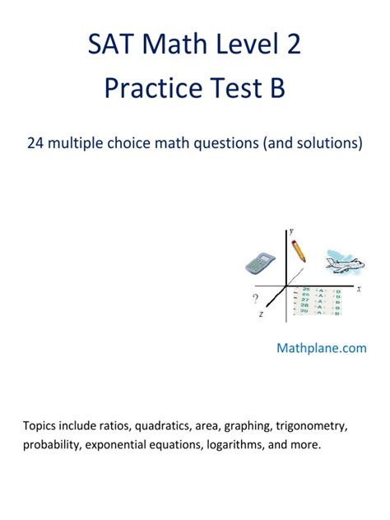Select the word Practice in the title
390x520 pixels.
point(153,87)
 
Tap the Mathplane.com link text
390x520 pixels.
point(321,348)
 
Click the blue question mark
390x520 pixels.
point(256,299)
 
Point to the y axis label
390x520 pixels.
point(291,232)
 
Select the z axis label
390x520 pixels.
point(261,314)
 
